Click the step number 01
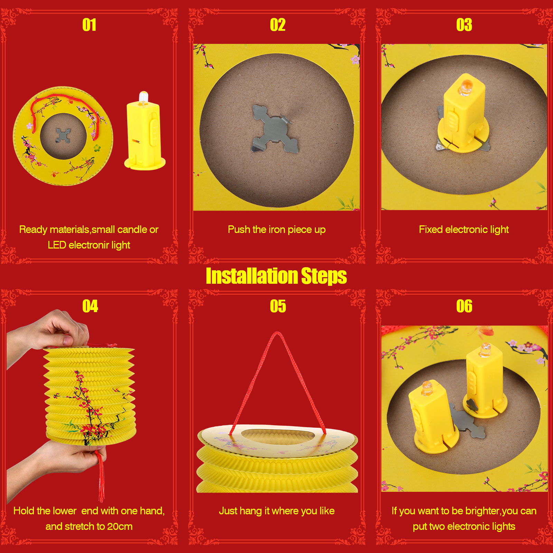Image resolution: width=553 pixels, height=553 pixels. (x=89, y=25)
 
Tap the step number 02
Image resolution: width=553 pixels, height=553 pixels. (x=278, y=25)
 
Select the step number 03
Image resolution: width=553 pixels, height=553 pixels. (x=464, y=25)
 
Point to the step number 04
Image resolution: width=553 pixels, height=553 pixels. (x=90, y=306)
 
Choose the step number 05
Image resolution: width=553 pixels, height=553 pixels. (x=278, y=306)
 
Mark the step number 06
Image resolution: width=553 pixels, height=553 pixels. (x=464, y=306)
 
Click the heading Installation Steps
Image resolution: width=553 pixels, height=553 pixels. (x=276, y=276)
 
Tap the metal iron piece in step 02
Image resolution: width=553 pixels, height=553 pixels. (x=274, y=129)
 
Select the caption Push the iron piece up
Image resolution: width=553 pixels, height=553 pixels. (x=276, y=229)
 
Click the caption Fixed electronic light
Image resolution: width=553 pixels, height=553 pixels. (x=464, y=229)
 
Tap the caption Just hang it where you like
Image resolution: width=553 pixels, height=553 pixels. (x=276, y=511)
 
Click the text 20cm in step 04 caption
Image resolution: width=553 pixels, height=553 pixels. (x=120, y=526)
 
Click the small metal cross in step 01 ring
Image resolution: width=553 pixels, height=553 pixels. (x=63, y=135)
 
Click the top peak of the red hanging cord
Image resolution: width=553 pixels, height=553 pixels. (x=277, y=332)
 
